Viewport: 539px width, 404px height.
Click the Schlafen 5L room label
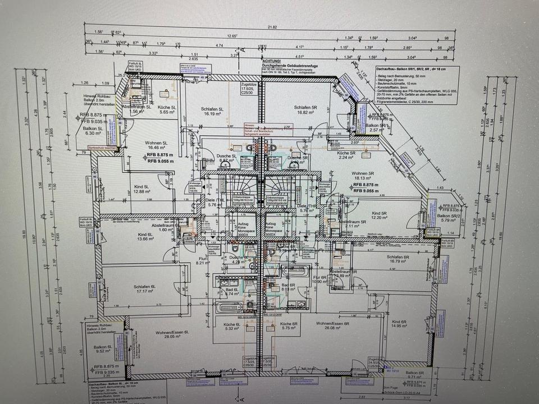tap(213, 109)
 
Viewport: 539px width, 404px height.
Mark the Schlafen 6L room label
tap(144, 287)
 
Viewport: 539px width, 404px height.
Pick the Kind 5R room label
tap(380, 214)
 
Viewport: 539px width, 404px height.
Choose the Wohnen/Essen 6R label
tap(332, 324)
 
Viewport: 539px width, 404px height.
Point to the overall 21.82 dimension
tap(272, 26)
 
